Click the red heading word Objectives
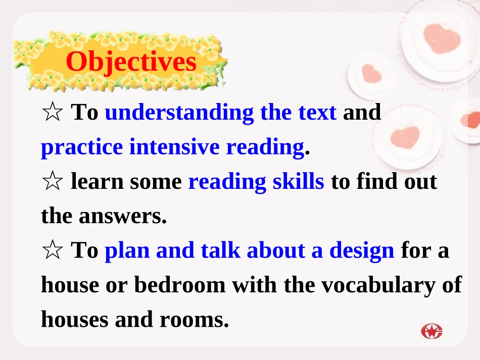tap(131, 62)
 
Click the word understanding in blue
tap(179, 113)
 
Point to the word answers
tap(123, 216)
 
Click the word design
tap(362, 250)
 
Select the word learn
tap(97, 181)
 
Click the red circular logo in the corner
tap(432, 332)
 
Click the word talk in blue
tap(220, 250)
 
